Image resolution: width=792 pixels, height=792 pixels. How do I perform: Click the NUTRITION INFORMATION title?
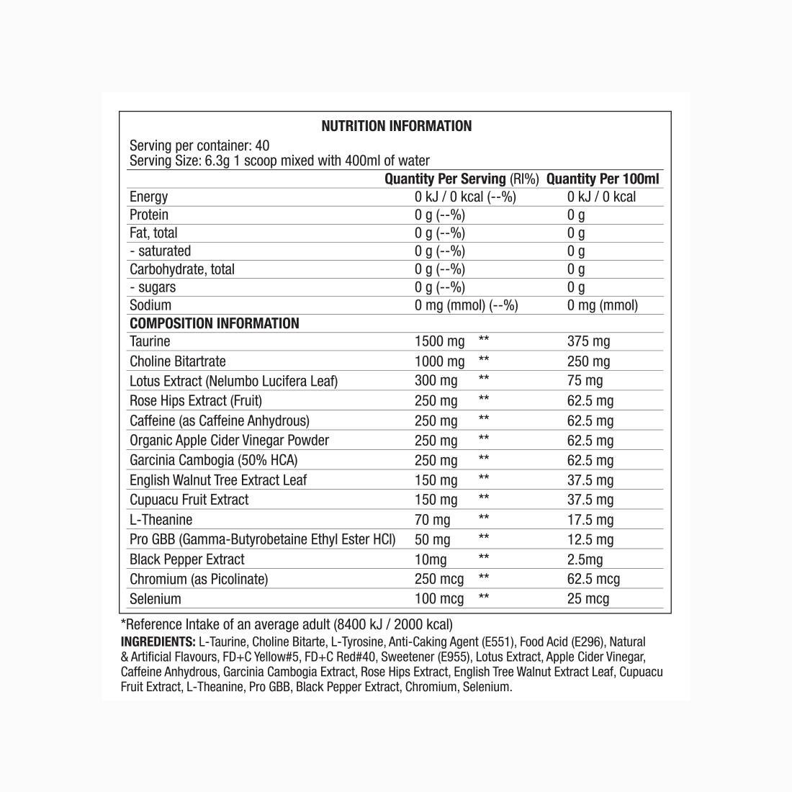pos(396,126)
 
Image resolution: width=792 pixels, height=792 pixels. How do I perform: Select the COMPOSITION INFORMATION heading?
pos(214,323)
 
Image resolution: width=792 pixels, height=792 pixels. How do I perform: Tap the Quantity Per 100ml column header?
pos(603,179)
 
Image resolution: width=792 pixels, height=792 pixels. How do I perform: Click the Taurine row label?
pos(150,341)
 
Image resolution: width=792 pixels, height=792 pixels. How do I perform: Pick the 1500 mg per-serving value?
pos(439,341)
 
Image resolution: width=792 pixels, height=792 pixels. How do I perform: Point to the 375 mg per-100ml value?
pos(588,341)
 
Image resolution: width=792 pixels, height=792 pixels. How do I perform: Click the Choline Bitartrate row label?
pos(177,361)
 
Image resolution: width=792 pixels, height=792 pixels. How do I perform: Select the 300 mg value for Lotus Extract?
pos(436,381)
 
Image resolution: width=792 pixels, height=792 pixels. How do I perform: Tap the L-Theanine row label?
pos(161,520)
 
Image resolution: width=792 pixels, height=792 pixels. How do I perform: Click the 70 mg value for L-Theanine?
pos(432,520)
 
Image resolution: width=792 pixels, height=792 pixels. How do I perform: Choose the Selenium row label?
pos(155,599)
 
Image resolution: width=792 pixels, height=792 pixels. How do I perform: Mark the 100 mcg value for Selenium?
pos(439,599)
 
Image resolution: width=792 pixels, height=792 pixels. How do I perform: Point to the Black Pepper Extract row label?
pos(186,559)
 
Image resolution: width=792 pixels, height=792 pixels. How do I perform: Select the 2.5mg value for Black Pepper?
pos(585,559)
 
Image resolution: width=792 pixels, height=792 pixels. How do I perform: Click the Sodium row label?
pos(150,305)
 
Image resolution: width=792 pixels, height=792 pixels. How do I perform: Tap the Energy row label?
pos(148,197)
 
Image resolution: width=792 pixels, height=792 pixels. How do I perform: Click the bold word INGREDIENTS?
pos(158,642)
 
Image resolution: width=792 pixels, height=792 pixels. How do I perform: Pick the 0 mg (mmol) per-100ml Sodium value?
pos(602,305)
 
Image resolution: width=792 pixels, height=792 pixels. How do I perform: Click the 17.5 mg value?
pos(590,520)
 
